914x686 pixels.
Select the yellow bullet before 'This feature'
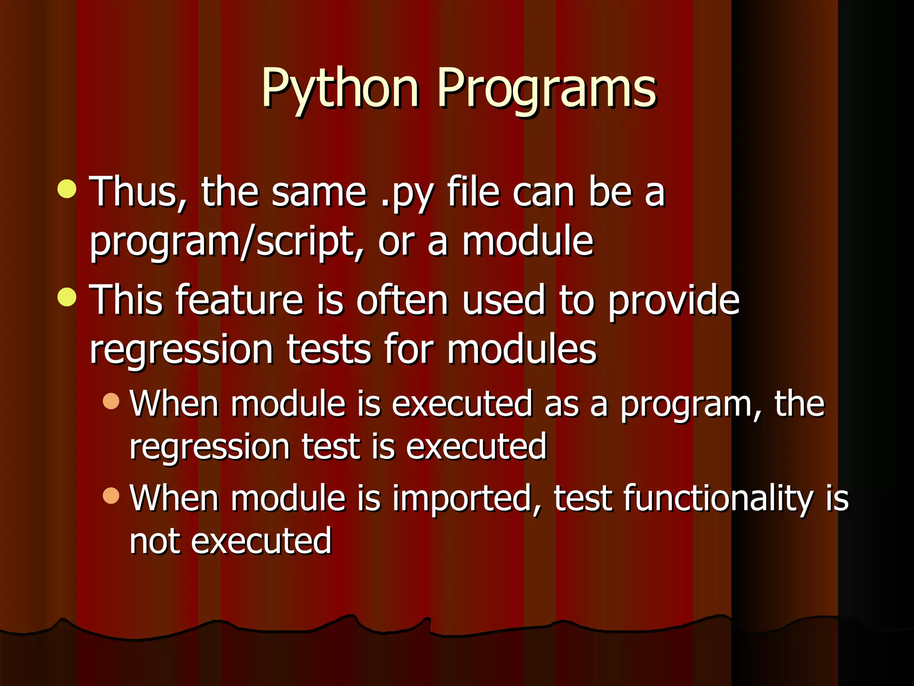(x=67, y=297)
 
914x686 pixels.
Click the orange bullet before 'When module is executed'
(x=111, y=401)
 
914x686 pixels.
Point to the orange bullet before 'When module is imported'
(x=111, y=495)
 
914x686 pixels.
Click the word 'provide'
(x=674, y=301)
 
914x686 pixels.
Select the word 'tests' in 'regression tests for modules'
(x=329, y=349)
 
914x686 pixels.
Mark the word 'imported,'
(x=467, y=498)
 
